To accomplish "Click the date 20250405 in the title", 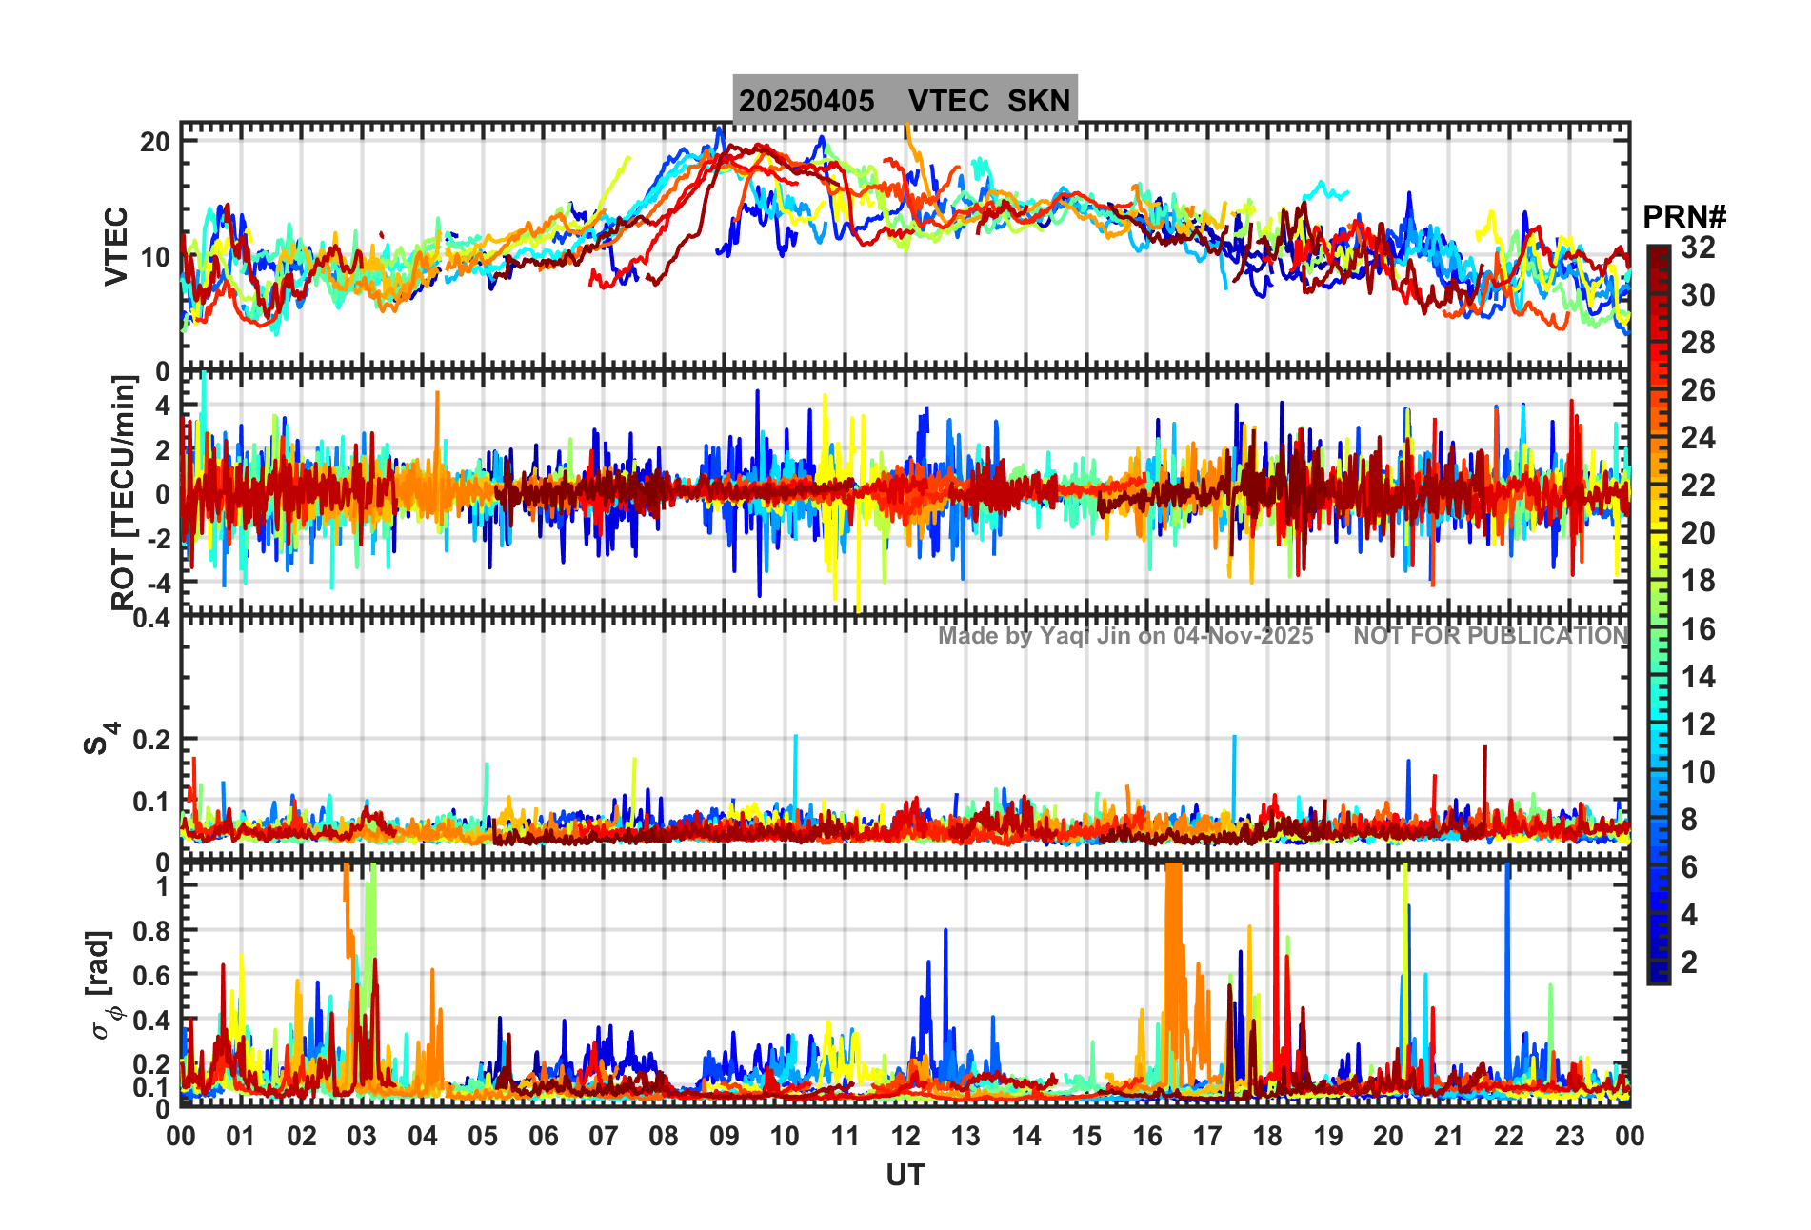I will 806,101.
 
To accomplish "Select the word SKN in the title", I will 1039,101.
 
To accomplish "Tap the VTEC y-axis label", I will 115,246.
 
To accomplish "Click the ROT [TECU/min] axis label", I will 124,492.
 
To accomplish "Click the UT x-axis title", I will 905,1176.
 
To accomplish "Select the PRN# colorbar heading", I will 1684,217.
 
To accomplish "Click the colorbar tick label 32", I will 1698,248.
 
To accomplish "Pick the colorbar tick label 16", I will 1698,629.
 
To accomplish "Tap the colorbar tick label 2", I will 1689,962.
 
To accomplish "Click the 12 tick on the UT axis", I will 905,1136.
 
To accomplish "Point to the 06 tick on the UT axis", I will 543,1136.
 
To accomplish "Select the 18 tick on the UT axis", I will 1267,1136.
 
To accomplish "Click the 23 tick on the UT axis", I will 1569,1136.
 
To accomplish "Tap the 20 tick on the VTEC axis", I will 155,142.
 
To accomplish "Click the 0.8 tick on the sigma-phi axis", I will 150,930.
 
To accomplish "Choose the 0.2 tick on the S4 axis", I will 150,739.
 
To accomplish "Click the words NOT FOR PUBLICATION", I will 1491,636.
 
